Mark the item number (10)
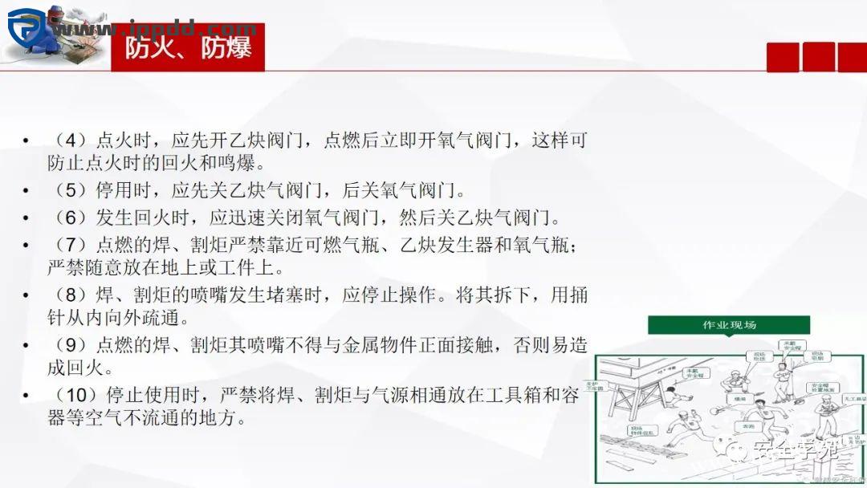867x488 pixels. pyautogui.click(x=74, y=396)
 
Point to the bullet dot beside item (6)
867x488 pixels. pyautogui.click(x=26, y=218)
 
